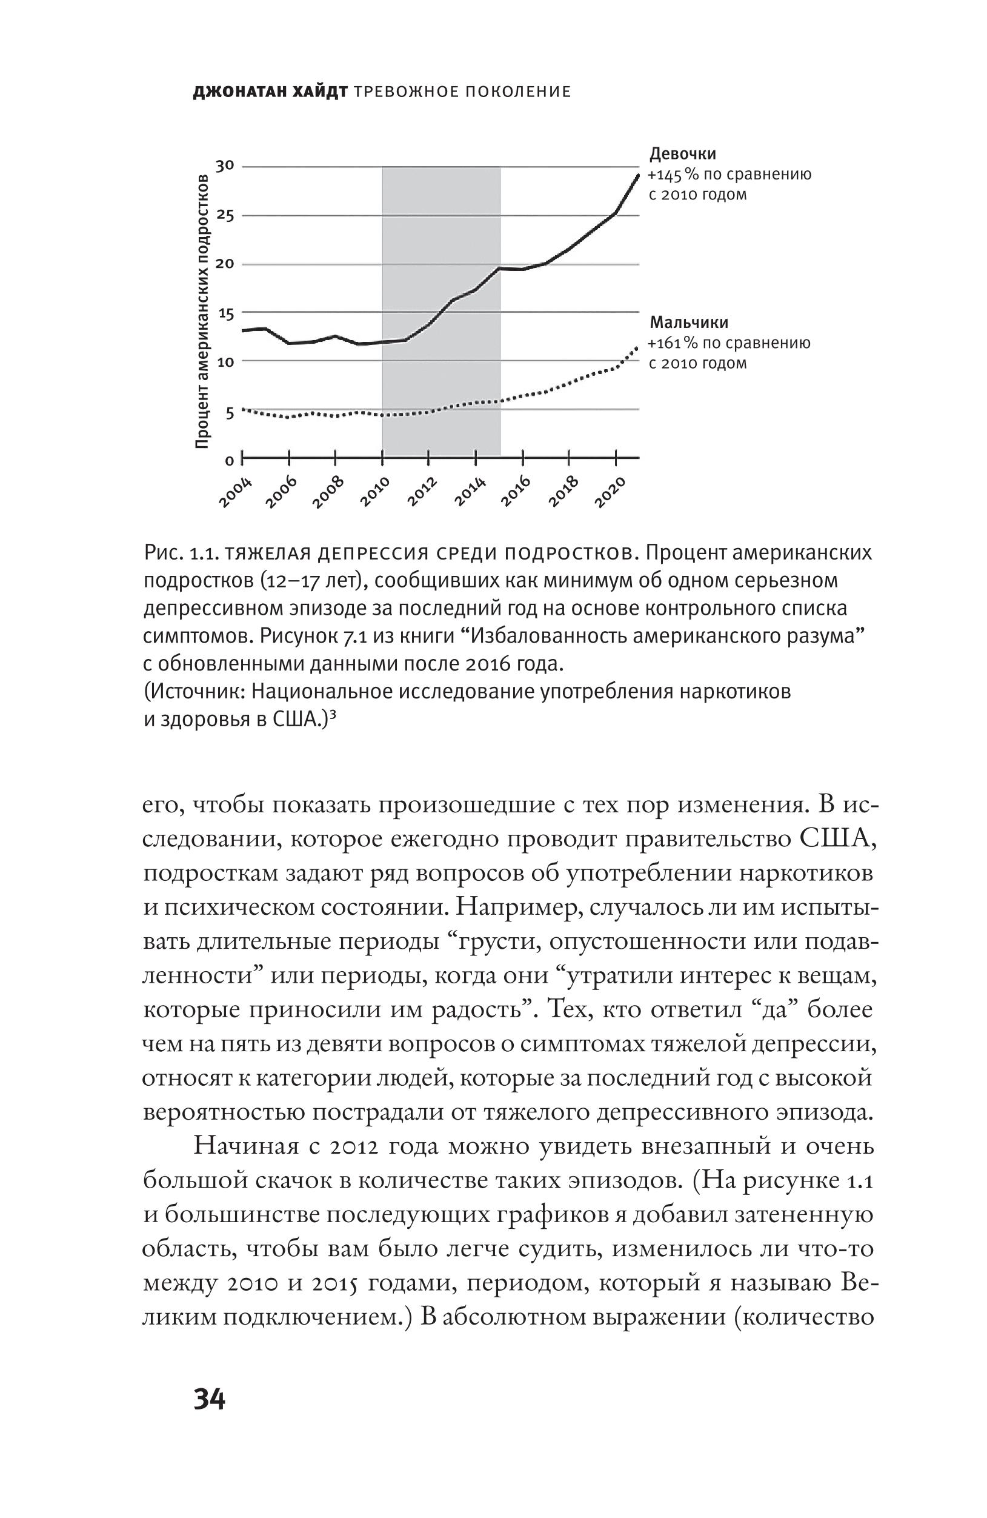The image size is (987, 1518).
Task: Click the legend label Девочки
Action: pyautogui.click(x=682, y=154)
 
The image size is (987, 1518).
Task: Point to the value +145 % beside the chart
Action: pyautogui.click(x=671, y=175)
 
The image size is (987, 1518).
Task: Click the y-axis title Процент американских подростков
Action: pyautogui.click(x=202, y=310)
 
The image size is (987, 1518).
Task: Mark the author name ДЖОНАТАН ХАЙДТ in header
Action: pyautogui.click(x=270, y=93)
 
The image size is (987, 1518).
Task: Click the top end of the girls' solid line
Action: pyautogui.click(x=637, y=174)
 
